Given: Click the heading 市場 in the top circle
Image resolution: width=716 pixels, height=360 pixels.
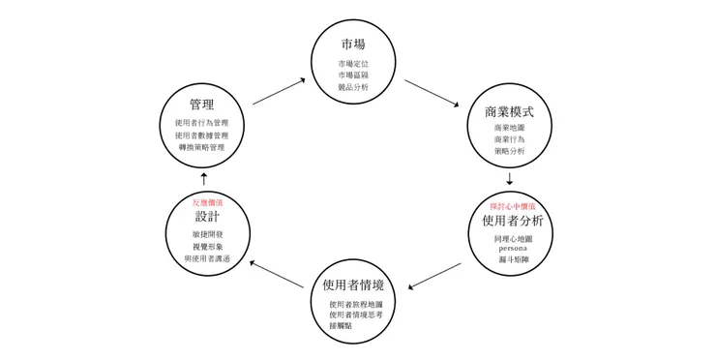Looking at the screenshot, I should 352,45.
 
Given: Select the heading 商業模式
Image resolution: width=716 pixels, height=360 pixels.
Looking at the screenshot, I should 509,111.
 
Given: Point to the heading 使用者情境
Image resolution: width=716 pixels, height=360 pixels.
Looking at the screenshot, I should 353,285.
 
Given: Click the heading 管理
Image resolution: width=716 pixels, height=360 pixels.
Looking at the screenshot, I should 202,104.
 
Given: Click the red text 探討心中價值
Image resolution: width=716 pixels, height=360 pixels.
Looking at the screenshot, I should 512,206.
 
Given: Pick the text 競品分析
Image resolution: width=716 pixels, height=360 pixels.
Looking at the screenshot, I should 353,87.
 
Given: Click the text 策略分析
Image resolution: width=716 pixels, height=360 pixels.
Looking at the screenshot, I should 509,152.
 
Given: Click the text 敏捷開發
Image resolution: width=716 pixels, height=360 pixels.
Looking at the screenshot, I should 207,234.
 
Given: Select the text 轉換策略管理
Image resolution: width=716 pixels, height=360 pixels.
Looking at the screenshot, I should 201,147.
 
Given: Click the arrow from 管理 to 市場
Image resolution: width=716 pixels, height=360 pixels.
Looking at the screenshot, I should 278,91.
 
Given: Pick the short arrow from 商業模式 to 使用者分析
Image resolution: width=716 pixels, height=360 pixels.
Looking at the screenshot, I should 509,179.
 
